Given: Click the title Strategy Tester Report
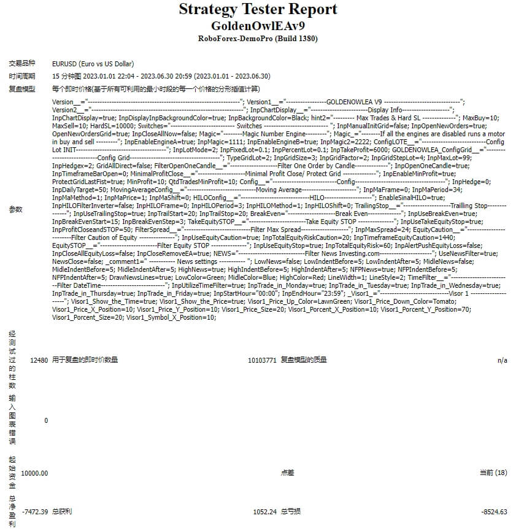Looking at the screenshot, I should (258, 10).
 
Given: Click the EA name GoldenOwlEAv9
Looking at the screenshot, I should (258, 26).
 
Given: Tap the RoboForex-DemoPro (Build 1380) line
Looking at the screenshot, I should (258, 39).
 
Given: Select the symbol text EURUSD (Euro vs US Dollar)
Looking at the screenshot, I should (93, 64).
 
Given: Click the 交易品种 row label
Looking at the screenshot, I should (22, 64).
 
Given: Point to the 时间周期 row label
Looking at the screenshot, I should (22, 77).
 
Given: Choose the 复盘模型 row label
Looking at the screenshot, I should (22, 90).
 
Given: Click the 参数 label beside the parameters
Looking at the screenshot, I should (15, 209).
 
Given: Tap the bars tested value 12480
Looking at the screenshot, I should (39, 360).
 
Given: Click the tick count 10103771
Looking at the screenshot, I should (262, 360).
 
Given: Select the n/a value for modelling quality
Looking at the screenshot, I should (502, 360).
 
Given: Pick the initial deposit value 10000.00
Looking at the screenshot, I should (34, 473).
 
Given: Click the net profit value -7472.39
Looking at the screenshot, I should (34, 512).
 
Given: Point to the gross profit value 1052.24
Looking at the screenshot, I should (264, 512).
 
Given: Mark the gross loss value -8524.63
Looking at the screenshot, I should (494, 512).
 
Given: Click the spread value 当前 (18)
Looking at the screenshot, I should (493, 473).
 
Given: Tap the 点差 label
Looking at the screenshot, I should (287, 473).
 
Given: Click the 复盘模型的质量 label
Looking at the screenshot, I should (304, 360).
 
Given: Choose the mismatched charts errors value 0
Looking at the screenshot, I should (45, 421).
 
